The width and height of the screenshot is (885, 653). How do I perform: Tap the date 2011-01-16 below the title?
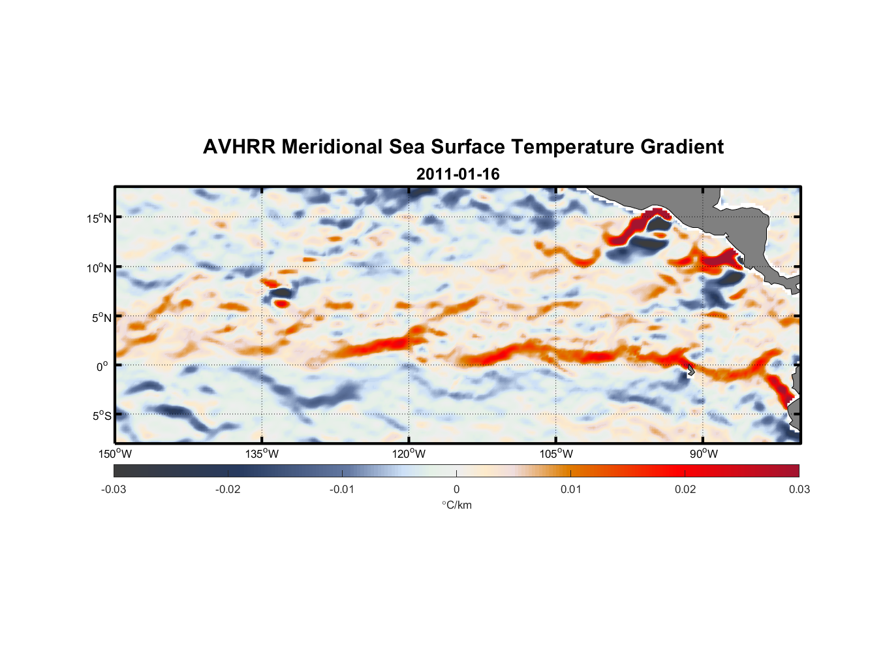[x=458, y=174]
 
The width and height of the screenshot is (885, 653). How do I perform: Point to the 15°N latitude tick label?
[x=99, y=218]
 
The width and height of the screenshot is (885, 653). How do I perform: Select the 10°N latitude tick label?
[x=99, y=268]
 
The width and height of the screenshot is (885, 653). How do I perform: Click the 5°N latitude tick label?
[x=101, y=317]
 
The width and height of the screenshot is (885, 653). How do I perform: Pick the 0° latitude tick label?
[x=102, y=366]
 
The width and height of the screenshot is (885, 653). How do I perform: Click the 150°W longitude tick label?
[x=115, y=454]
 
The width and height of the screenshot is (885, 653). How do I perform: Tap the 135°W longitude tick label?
[x=262, y=454]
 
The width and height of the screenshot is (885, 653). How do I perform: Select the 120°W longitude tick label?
[x=409, y=454]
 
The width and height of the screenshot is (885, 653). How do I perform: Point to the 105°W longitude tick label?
[x=556, y=454]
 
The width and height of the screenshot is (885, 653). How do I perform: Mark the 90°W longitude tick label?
[x=704, y=454]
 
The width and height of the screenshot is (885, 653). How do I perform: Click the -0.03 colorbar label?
[x=114, y=489]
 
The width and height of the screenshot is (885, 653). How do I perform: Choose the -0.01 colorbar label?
[x=342, y=489]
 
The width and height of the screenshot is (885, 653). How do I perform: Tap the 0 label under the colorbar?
[x=456, y=489]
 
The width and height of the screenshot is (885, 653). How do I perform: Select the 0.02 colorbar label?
[x=685, y=489]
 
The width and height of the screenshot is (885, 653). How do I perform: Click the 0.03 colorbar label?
[x=799, y=489]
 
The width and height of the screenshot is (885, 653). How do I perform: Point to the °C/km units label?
[x=456, y=505]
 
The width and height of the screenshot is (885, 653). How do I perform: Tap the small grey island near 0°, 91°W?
[x=690, y=370]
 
